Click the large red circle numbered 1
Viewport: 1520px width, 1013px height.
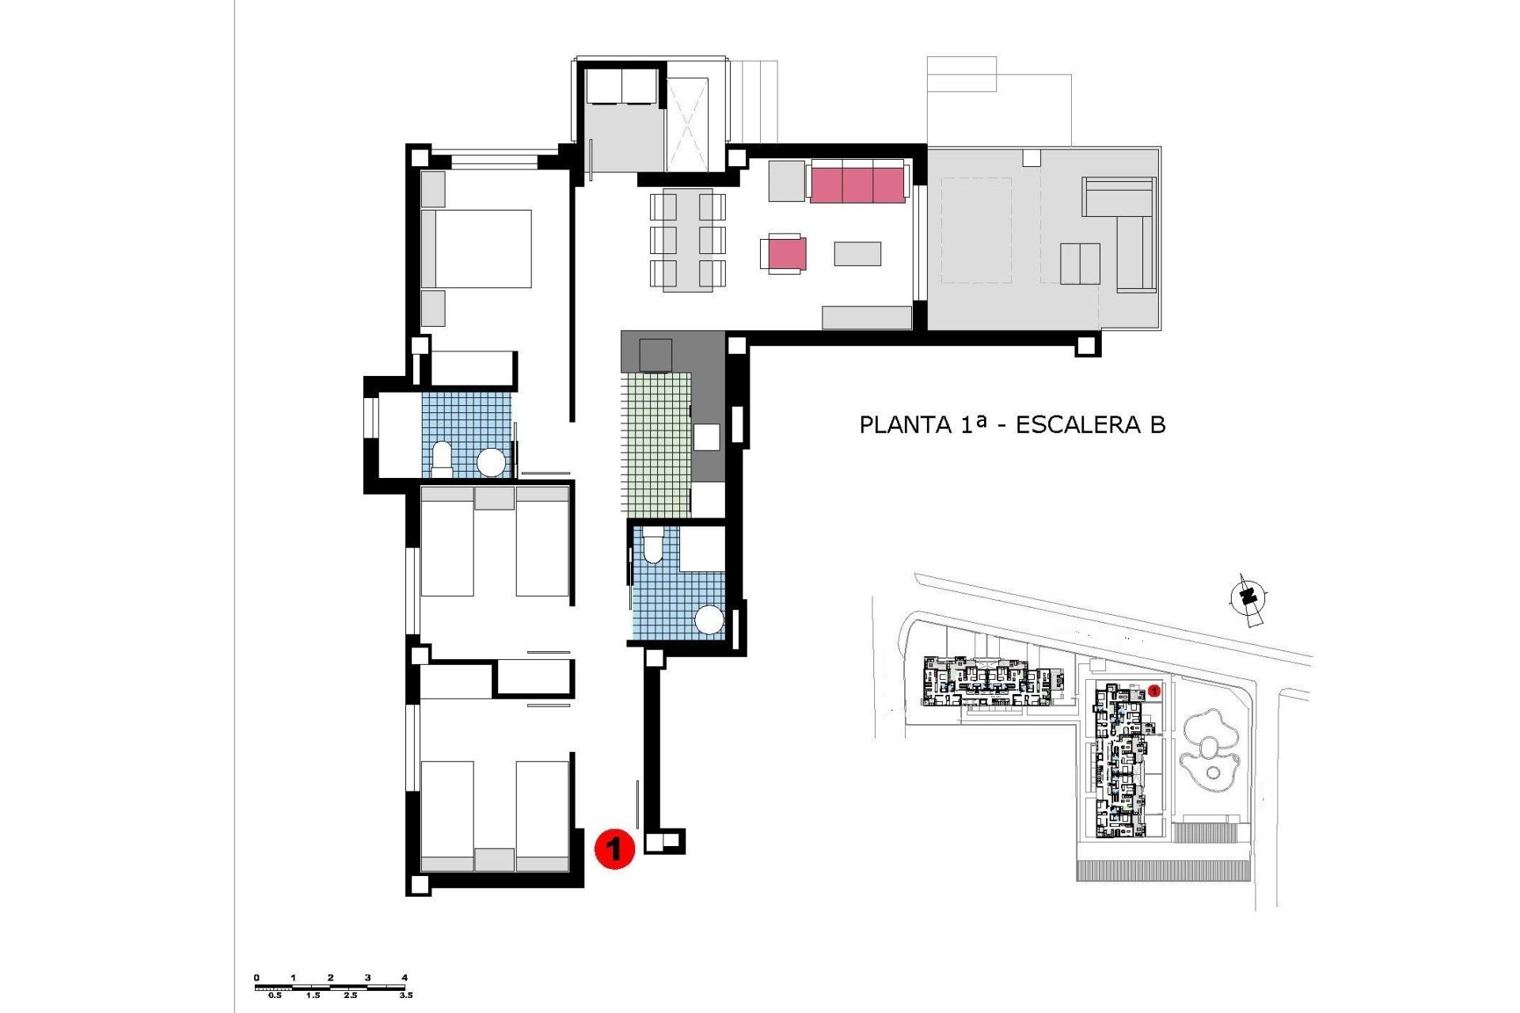614,848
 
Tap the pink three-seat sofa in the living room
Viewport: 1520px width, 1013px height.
857,184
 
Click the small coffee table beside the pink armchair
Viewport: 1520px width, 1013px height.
857,253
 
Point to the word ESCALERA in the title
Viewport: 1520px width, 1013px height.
1078,425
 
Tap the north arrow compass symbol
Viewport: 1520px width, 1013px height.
1248,598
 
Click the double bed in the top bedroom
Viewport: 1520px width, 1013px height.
477,249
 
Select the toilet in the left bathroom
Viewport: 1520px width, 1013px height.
442,459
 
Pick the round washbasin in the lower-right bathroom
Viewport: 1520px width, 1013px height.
709,620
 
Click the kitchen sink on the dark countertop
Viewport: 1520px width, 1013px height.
706,437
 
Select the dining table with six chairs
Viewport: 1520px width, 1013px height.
688,239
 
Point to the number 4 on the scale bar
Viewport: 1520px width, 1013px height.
405,977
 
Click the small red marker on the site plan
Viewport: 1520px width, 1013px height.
1154,691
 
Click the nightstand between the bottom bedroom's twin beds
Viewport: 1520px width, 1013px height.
494,859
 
